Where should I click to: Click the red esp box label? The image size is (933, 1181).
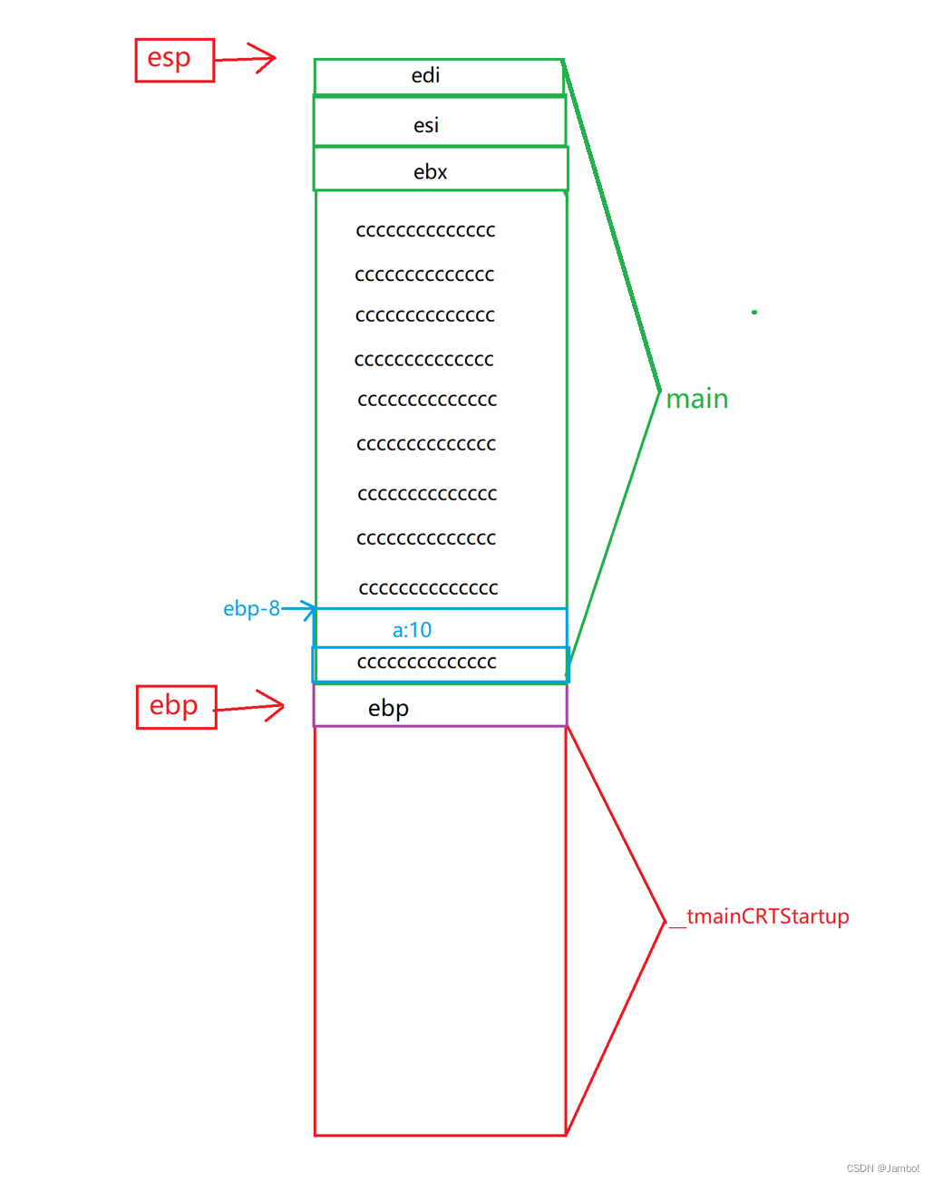[x=174, y=60]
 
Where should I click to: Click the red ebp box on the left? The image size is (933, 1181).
[x=176, y=706]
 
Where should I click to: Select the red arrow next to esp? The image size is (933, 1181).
[x=248, y=59]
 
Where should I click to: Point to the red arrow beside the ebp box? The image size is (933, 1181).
[x=251, y=706]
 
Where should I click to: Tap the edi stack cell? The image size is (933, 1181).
[x=439, y=76]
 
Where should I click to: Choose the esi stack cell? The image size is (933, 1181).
[x=439, y=122]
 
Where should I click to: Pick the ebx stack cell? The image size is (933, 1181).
[x=439, y=170]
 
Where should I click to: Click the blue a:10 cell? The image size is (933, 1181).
[x=439, y=628]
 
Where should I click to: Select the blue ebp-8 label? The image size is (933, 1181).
[x=251, y=609]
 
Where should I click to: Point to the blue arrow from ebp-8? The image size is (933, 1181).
[x=300, y=608]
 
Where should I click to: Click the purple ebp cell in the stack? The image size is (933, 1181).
[x=439, y=706]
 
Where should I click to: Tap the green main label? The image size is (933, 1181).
[x=696, y=399]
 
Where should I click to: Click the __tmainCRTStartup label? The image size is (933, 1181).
[x=766, y=916]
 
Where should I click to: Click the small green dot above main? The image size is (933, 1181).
[x=753, y=312]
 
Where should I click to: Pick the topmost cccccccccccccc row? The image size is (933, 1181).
[x=425, y=231]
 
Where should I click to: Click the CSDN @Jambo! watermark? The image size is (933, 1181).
[x=882, y=1168]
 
